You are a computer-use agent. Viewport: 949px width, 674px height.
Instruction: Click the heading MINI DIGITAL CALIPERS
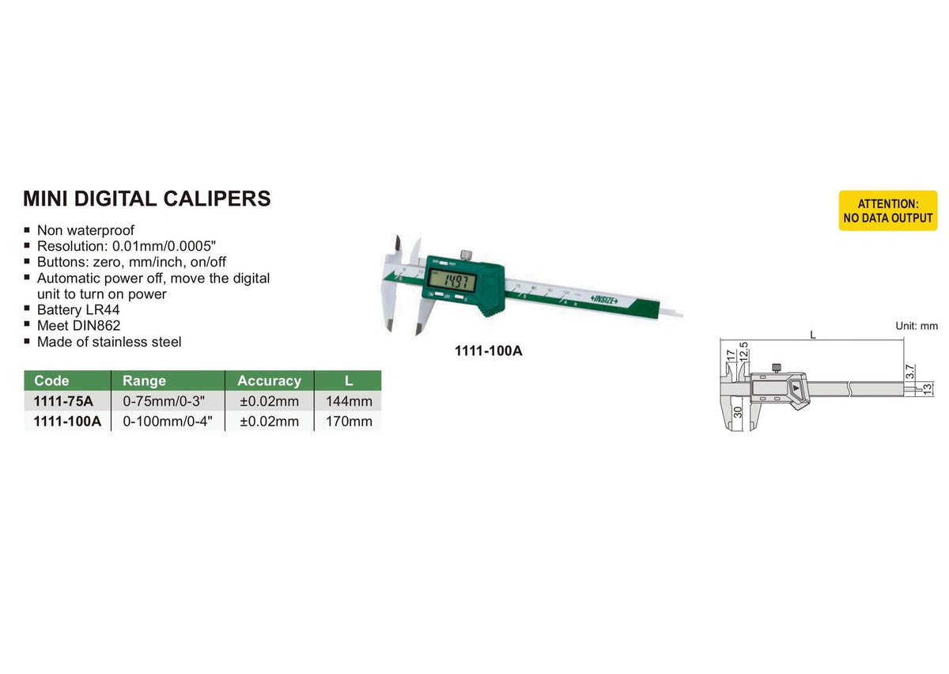click(x=147, y=199)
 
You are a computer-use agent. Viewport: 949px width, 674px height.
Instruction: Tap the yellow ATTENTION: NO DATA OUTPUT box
click(x=887, y=211)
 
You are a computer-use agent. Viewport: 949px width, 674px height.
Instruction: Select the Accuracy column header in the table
click(x=269, y=381)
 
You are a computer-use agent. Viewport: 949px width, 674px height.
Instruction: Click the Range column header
click(x=145, y=381)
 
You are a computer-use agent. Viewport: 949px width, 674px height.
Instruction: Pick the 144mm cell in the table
click(x=349, y=401)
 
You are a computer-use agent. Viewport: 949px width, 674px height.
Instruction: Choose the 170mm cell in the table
click(x=349, y=421)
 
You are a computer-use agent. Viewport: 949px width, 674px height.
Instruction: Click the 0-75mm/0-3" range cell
click(x=167, y=401)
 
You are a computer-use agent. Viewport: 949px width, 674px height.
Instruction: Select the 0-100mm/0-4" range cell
click(x=168, y=421)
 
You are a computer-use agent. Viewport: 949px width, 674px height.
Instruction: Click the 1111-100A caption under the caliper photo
click(x=488, y=350)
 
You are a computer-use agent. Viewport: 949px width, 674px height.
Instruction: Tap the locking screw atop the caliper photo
click(x=467, y=253)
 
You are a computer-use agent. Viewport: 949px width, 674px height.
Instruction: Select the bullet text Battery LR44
click(x=80, y=309)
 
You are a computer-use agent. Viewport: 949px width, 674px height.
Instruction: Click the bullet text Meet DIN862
click(x=78, y=325)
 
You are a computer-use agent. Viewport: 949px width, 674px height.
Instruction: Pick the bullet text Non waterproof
click(x=85, y=230)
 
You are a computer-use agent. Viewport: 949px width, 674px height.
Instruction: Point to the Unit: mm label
click(x=916, y=326)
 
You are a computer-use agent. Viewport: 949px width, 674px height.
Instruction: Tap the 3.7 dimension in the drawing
click(x=909, y=370)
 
